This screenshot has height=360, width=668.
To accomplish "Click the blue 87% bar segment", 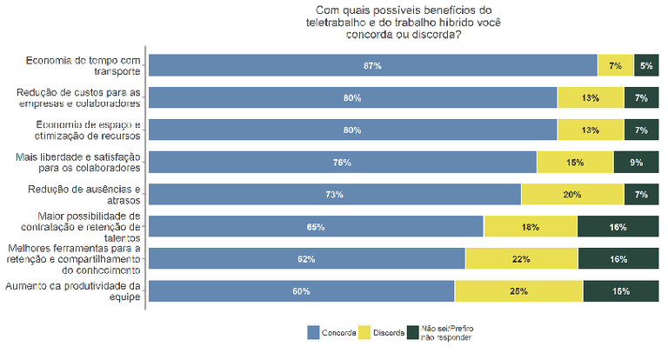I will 372,65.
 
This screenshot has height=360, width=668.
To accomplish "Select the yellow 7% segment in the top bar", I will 616,65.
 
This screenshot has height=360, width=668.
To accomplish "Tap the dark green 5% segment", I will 646,65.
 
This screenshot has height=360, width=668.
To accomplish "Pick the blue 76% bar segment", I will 342,163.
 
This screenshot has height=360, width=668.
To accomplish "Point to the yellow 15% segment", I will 575,163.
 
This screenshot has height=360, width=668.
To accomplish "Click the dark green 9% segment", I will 637,163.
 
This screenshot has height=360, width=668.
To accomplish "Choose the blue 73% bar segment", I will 334,195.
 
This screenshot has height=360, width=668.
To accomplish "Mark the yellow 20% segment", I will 572,195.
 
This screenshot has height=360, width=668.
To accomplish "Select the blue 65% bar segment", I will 316,227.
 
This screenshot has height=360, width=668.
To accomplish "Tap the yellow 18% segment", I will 531,227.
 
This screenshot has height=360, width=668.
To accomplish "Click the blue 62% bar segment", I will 306,259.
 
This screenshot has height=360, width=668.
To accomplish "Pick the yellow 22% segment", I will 522,259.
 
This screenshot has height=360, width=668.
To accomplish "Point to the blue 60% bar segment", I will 301,291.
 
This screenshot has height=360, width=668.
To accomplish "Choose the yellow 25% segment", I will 518,291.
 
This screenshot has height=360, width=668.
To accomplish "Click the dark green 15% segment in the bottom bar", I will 621,291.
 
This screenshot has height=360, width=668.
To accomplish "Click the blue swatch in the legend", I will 313,333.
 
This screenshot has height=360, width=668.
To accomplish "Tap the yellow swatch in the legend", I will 364,333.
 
